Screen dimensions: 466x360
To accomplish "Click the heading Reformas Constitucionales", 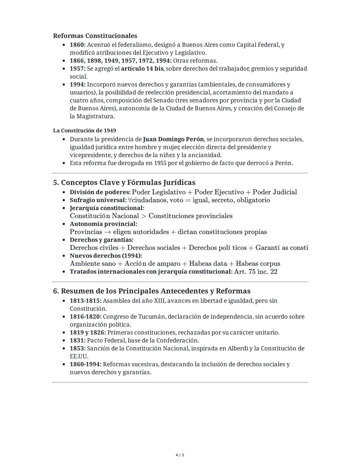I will [95, 36].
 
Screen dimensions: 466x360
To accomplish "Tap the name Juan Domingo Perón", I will [173, 139].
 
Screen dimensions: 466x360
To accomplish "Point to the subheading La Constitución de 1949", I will [84, 130].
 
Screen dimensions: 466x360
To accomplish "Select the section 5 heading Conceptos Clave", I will [124, 182].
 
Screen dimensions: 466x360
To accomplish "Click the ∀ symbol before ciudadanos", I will [130, 200].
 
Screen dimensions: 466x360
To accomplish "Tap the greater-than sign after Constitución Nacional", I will [144, 216].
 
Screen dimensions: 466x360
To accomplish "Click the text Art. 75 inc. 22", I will [256, 272].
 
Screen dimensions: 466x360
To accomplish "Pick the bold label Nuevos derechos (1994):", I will [106, 256].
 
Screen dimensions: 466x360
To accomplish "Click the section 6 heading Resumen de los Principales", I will [152, 291].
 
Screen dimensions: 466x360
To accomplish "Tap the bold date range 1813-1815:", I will [85, 301].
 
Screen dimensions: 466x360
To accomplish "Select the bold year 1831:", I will [78, 341].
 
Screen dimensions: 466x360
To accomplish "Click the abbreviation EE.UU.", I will [79, 356].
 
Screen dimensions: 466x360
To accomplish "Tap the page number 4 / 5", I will [180, 455].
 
